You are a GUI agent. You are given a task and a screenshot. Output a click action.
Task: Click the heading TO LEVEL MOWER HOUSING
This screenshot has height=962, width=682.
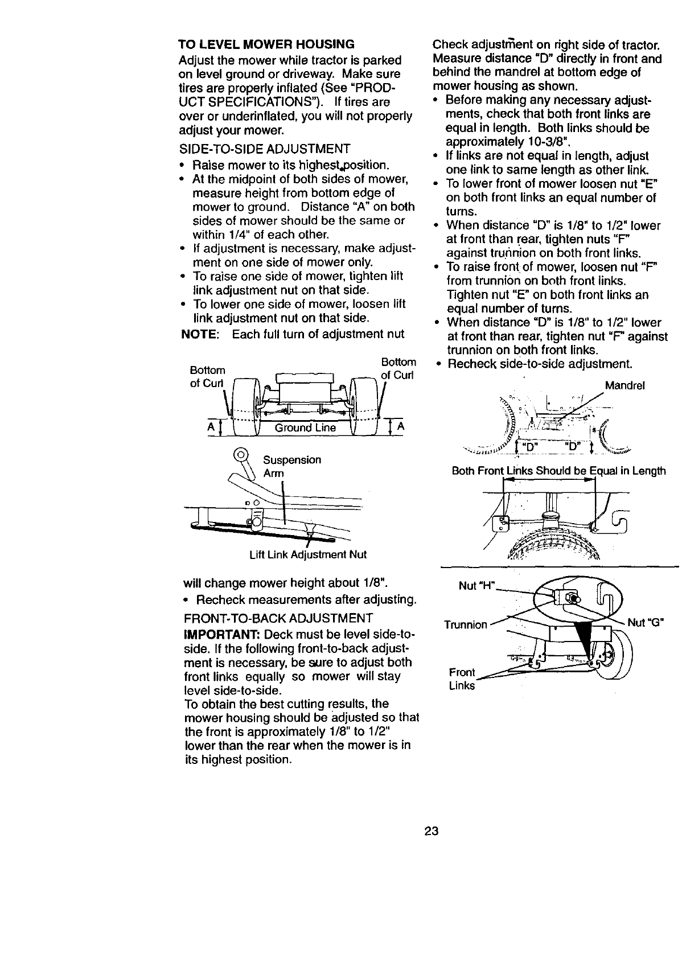[266, 44]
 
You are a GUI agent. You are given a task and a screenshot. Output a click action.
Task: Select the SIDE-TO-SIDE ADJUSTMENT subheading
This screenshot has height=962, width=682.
[264, 150]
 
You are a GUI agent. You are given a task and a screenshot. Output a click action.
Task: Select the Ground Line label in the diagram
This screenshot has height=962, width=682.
[305, 427]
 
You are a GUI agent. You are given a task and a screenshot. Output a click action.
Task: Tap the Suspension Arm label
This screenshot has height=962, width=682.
[291, 466]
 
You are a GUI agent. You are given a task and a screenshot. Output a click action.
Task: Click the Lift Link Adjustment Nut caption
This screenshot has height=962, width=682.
[308, 554]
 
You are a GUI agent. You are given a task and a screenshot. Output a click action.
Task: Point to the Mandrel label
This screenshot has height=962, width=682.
[625, 385]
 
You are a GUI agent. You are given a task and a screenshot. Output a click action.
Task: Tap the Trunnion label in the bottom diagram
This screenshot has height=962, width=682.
[466, 625]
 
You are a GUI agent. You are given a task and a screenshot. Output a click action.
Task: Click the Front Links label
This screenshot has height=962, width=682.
[462, 679]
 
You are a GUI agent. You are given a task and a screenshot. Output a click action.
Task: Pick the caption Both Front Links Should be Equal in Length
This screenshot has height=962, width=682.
[558, 471]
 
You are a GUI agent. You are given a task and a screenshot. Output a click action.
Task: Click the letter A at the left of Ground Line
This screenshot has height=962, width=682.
[211, 427]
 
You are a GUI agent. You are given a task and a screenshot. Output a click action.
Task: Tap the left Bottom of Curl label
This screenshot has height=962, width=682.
[207, 376]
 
